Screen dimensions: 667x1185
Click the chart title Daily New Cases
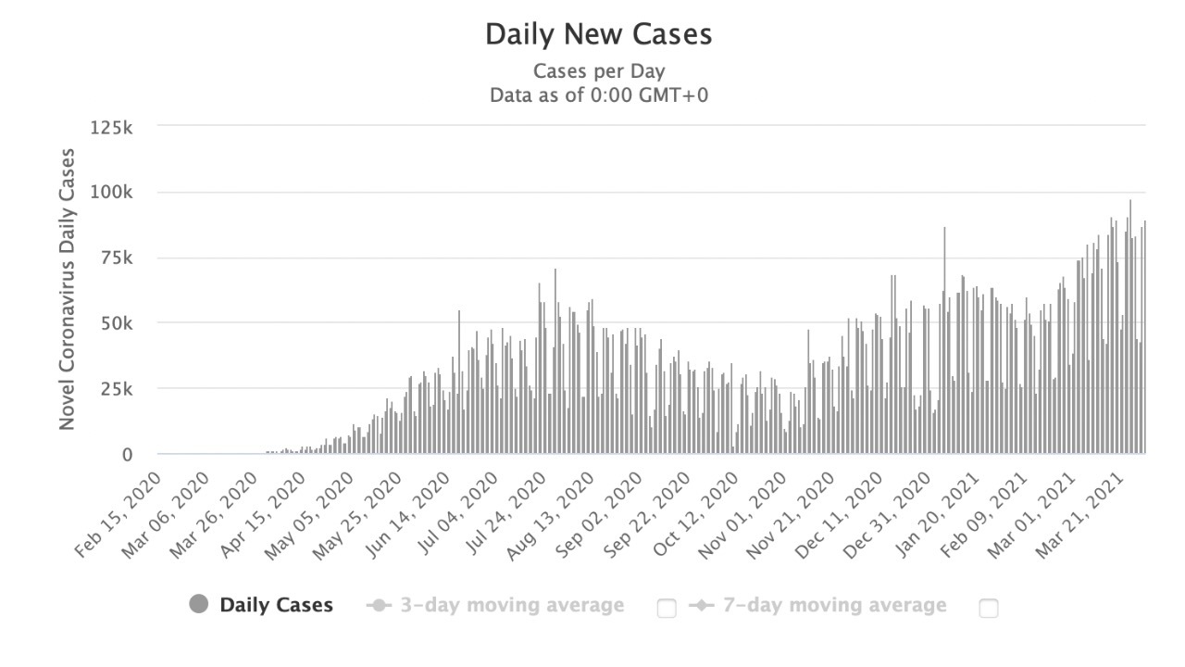click(599, 35)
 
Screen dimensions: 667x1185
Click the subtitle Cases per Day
click(599, 71)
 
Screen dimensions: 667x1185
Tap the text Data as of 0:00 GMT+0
click(599, 94)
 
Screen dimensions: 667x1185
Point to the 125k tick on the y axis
click(112, 127)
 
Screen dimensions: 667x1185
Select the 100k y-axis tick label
click(112, 193)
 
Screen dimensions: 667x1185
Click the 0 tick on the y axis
click(128, 455)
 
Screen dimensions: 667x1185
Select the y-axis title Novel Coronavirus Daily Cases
click(67, 288)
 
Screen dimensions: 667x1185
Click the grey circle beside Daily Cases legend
click(198, 605)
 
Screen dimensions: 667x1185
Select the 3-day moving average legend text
click(512, 606)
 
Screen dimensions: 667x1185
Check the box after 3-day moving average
click(667, 609)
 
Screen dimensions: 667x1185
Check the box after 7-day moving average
click(989, 609)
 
